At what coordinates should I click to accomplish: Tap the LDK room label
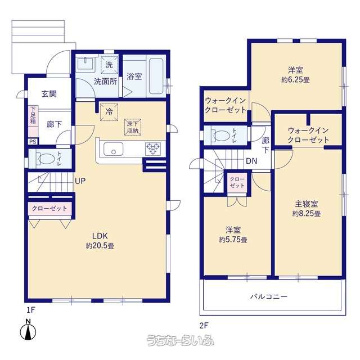tap(100, 236)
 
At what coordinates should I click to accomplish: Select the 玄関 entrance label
tap(49, 94)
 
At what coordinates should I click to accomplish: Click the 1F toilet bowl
tap(46, 159)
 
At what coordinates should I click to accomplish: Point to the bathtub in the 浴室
tap(156, 76)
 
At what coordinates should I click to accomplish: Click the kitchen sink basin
tap(113, 149)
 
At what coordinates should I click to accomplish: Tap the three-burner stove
tap(152, 148)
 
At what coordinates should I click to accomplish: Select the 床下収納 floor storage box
tap(133, 127)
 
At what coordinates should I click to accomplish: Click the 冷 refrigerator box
tap(109, 112)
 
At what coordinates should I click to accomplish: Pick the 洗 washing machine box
tap(109, 65)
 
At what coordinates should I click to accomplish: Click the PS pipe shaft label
tap(33, 142)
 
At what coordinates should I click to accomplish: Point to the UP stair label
tap(80, 181)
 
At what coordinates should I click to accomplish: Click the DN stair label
tap(251, 161)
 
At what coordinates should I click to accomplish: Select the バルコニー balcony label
tap(269, 296)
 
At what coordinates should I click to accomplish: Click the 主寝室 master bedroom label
tap(306, 204)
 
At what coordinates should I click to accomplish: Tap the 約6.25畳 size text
tap(295, 80)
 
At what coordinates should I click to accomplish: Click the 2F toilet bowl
tap(221, 136)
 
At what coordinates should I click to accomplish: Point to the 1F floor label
tap(31, 310)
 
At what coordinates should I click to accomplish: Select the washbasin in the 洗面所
tap(85, 63)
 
